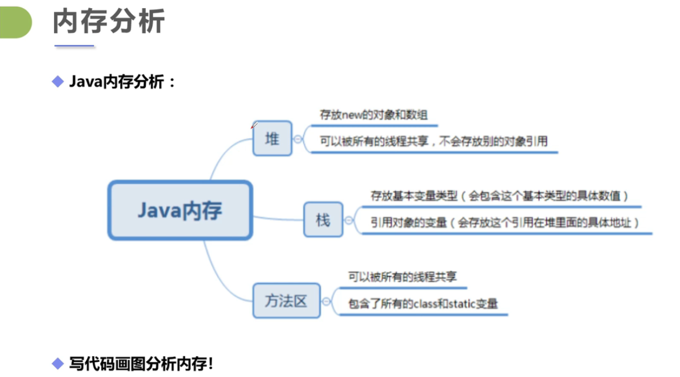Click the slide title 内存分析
tap(109, 23)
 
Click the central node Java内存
tap(180, 210)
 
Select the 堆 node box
tap(272, 139)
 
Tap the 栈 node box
tap(322, 220)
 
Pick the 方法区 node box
tap(286, 301)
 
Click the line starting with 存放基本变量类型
tap(499, 196)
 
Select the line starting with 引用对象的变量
tap(505, 222)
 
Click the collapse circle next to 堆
tap(298, 139)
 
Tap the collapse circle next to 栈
tap(348, 220)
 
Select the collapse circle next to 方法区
tap(326, 301)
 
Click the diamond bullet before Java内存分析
tap(57, 81)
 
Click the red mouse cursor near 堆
tap(253, 125)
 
